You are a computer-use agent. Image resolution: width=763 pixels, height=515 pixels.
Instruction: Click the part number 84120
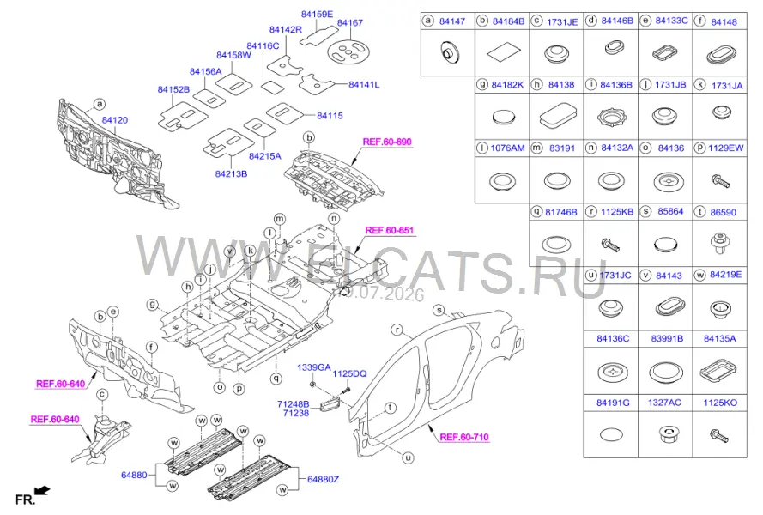115,120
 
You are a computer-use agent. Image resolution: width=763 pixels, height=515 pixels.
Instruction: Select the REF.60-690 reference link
387,142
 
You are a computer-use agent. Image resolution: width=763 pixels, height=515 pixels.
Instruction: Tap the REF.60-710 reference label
464,437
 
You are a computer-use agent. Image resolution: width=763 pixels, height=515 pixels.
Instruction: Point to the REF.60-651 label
390,230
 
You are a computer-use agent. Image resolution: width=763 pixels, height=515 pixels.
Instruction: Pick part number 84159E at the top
317,14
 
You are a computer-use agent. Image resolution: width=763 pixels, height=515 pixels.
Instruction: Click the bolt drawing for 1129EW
720,182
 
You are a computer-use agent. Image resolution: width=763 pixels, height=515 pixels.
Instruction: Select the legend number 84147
452,21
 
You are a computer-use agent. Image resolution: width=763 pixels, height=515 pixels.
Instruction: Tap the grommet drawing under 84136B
611,118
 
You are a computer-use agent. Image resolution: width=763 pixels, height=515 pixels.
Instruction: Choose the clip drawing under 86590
720,242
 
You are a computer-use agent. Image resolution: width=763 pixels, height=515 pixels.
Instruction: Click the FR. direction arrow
43,491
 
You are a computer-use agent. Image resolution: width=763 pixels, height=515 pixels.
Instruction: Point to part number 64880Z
323,480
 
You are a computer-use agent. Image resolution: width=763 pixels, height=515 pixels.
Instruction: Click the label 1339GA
314,367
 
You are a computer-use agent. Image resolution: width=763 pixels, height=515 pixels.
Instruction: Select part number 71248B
293,404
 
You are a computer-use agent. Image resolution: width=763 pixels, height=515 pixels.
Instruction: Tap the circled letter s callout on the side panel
439,310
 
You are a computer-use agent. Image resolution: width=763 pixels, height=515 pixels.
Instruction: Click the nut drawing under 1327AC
665,433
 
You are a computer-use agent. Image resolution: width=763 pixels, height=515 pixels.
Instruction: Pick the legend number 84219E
725,275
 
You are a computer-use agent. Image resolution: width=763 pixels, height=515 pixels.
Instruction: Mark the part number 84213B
231,173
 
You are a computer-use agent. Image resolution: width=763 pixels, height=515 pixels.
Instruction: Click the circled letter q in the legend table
536,212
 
